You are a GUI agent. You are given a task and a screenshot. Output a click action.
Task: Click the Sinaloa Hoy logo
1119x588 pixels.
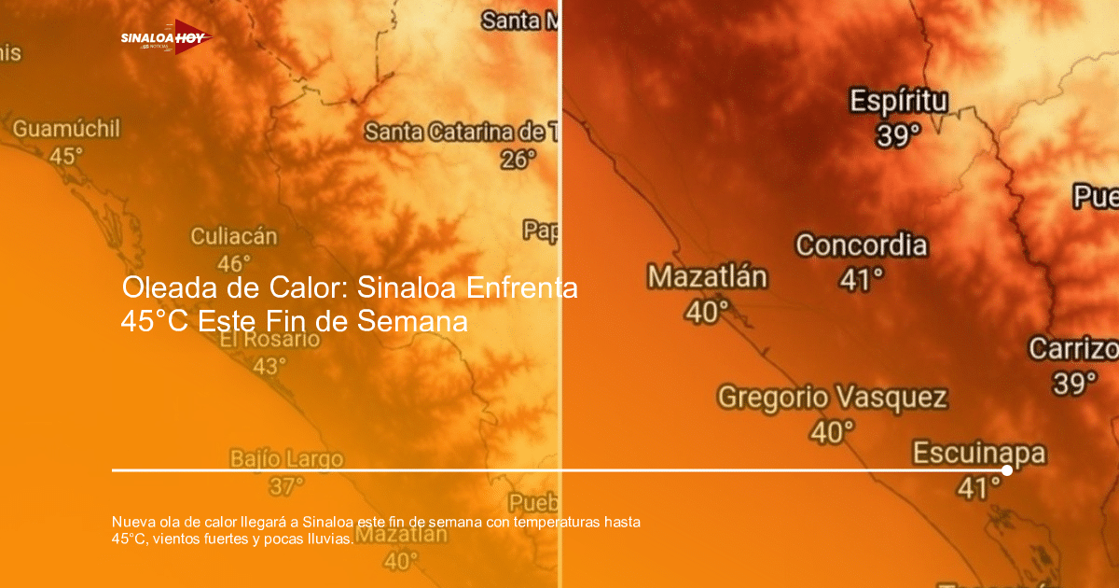pyautogui.click(x=166, y=37)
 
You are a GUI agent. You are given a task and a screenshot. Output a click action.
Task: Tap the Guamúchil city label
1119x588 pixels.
pyautogui.click(x=66, y=129)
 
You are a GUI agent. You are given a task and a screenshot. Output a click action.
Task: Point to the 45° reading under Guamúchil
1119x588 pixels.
pyautogui.click(x=66, y=156)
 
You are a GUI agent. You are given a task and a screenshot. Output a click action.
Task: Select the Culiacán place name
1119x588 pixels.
pyautogui.click(x=234, y=236)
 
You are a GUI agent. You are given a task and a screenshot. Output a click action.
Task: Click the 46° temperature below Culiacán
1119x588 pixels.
pyautogui.click(x=234, y=263)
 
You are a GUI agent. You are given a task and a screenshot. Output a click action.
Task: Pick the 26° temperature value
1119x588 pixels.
pyautogui.click(x=519, y=159)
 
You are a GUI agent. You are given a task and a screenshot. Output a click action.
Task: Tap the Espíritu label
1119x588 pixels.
pyautogui.click(x=899, y=102)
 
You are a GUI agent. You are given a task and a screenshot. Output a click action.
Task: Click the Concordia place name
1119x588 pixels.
pyautogui.click(x=862, y=245)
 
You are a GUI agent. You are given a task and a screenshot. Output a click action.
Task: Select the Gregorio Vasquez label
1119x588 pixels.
pyautogui.click(x=832, y=398)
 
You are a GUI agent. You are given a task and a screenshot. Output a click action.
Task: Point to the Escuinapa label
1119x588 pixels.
pyautogui.click(x=979, y=454)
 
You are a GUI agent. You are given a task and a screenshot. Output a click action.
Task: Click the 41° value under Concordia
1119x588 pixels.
pyautogui.click(x=862, y=278)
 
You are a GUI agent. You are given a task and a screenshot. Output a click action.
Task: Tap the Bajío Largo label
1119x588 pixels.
pyautogui.click(x=286, y=459)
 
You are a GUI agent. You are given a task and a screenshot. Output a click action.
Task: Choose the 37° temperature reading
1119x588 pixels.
pyautogui.click(x=286, y=485)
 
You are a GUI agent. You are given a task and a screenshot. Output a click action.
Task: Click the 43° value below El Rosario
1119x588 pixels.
pyautogui.click(x=269, y=366)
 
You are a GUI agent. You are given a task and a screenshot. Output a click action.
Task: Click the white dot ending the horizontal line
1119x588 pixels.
pyautogui.click(x=1007, y=470)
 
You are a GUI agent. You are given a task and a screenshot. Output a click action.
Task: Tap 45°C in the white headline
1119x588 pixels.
pyautogui.click(x=155, y=322)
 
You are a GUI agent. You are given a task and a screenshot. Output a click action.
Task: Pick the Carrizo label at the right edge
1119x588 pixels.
pyautogui.click(x=1072, y=349)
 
